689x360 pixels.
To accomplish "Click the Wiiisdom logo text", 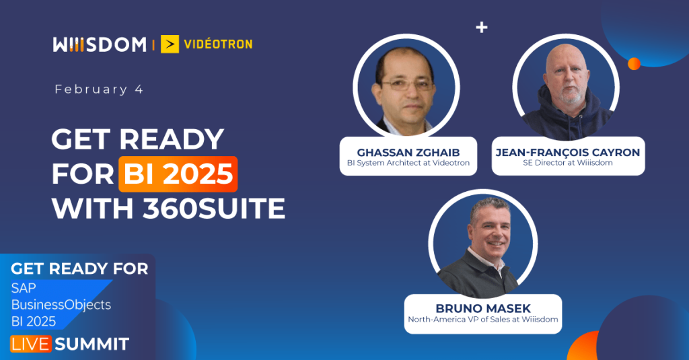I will (99, 44).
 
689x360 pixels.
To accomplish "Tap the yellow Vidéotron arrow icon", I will (170, 44).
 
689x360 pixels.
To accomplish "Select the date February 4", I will (99, 89).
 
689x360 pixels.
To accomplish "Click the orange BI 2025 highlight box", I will (178, 174).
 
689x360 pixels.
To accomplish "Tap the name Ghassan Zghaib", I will (408, 151).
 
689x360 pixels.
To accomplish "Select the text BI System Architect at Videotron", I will (408, 164).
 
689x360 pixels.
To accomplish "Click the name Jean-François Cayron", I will (567, 152).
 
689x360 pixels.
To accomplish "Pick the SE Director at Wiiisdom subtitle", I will (567, 164).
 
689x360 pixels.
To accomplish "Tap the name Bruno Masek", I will (482, 308).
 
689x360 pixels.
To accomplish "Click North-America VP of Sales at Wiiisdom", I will (482, 320).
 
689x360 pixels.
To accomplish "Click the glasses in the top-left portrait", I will (406, 85).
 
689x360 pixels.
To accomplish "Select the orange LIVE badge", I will (31, 344).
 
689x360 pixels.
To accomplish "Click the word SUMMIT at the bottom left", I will (92, 344).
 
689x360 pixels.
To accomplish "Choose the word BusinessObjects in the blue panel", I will (61, 304).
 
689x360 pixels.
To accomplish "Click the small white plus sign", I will (481, 28).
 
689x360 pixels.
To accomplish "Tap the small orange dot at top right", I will (633, 63).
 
